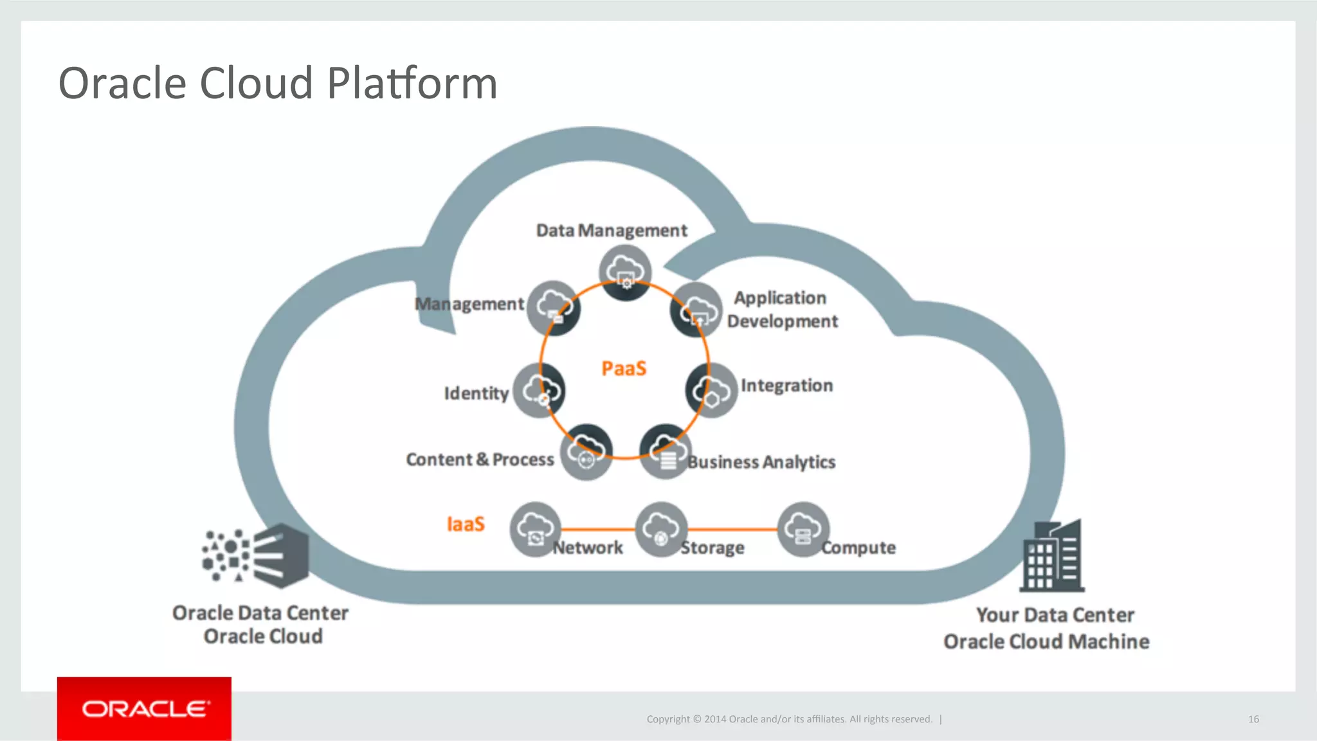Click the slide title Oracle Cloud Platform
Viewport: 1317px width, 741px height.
(278, 84)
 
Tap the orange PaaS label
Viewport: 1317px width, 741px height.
(624, 369)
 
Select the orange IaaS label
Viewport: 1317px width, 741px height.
(466, 524)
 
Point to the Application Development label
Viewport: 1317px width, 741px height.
(782, 309)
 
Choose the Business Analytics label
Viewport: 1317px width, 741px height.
(761, 462)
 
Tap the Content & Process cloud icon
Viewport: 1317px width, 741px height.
(586, 452)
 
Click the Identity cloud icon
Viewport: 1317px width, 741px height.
(539, 391)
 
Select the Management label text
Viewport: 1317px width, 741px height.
(469, 304)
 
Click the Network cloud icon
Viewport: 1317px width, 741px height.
(535, 529)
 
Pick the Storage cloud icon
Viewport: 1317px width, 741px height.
(661, 529)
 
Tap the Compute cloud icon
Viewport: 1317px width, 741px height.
(803, 529)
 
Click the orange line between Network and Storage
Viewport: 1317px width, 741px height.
(598, 529)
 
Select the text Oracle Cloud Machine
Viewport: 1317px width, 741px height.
(1046, 641)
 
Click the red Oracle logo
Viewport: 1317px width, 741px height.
(144, 709)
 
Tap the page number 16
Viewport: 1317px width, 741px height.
(1253, 719)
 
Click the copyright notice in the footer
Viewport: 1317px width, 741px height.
(789, 719)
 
